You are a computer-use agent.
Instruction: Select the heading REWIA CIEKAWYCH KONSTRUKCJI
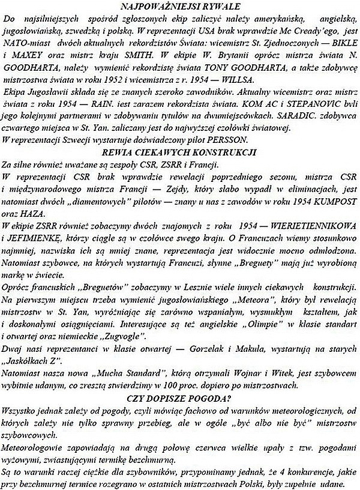pos(179,151)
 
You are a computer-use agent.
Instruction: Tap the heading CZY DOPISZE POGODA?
pos(179,398)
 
